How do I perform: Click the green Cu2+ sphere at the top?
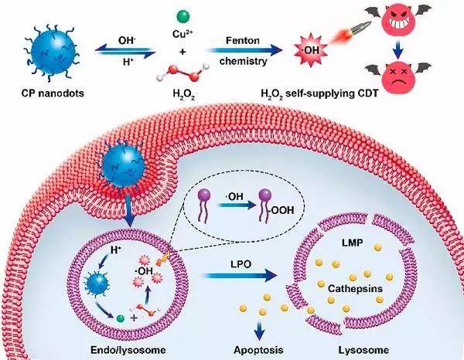click(x=182, y=15)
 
